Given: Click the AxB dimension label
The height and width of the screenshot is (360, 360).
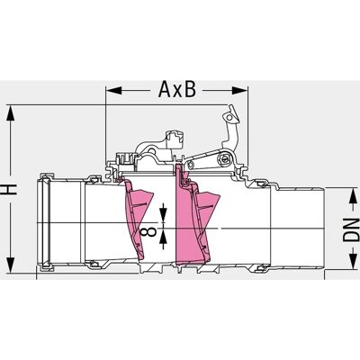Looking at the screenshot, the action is coord(177,89).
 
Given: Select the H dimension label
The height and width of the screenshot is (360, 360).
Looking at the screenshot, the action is coord(12,189).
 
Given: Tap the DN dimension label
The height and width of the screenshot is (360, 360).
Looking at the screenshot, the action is coord(351,230).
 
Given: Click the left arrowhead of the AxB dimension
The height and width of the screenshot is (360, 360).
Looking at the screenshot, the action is coord(114,90).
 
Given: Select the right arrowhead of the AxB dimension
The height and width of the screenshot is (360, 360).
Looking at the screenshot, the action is coord(239,90).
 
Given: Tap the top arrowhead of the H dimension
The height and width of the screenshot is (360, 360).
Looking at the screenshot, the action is coord(11,112).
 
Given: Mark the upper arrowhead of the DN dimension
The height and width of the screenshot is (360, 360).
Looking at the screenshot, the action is coord(353,195).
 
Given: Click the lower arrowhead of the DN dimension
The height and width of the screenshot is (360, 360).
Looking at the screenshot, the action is coord(353,262).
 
